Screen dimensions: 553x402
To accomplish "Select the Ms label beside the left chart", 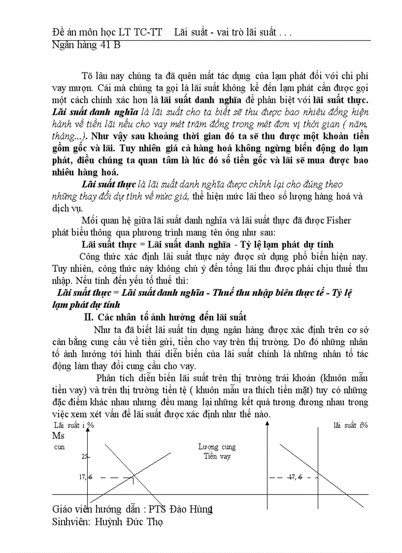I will [58, 436].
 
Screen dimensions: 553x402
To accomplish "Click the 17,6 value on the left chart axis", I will [85, 476].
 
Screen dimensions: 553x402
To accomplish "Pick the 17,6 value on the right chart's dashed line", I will [296, 476].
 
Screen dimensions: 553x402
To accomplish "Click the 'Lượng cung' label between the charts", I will [217, 447].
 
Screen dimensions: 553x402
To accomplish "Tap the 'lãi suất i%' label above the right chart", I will [350, 425].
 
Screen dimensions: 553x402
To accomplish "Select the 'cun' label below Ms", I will [59, 447].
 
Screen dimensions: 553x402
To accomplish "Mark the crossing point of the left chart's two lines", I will [133, 476].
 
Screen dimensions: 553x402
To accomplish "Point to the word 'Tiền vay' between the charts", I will [217, 456].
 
